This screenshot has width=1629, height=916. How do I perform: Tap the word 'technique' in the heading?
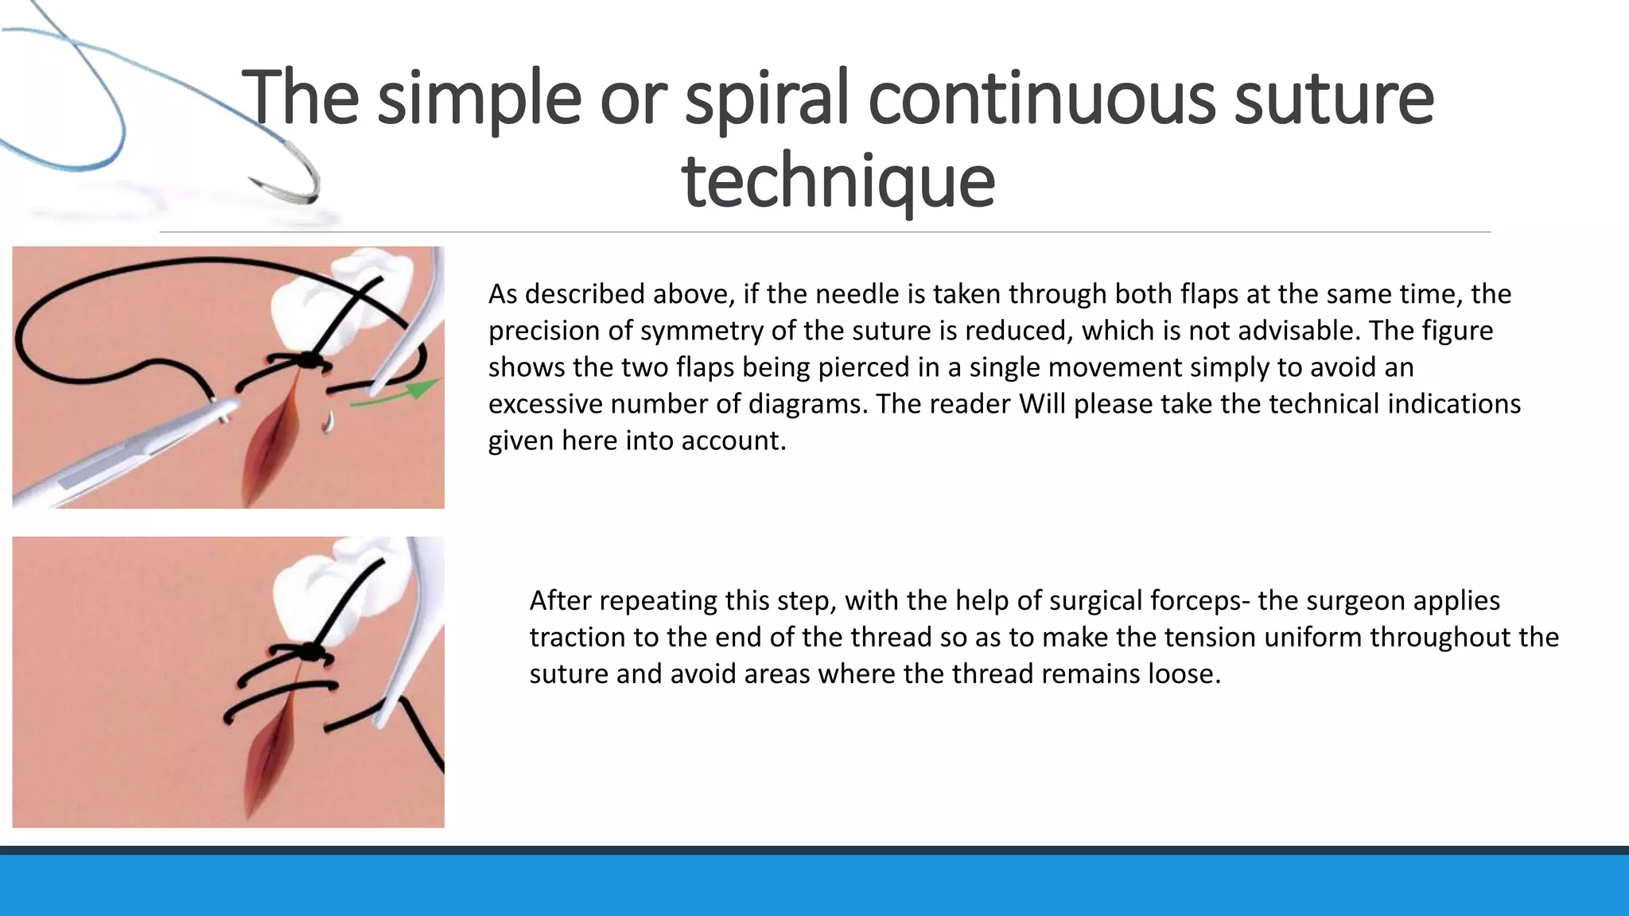tap(838, 181)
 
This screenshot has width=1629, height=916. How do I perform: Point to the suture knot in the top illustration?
tap(309, 361)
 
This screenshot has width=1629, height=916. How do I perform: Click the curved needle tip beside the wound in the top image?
tap(327, 422)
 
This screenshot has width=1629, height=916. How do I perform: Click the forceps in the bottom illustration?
tap(410, 636)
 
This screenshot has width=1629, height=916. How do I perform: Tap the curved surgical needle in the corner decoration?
tap(294, 171)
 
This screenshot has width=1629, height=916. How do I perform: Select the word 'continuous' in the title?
tap(1041, 99)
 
